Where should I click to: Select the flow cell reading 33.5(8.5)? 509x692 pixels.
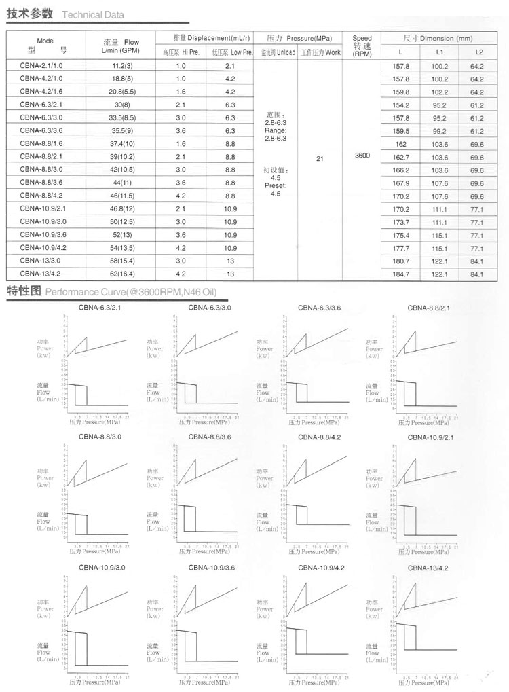click(122, 117)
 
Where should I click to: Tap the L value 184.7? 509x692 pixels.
click(402, 274)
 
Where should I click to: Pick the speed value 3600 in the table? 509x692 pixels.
click(362, 156)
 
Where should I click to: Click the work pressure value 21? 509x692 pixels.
click(320, 159)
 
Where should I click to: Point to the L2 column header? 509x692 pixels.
click(479, 52)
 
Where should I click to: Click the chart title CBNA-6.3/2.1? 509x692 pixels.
click(100, 308)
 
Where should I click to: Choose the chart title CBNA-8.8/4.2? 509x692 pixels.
click(321, 437)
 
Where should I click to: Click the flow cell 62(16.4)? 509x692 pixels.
click(122, 274)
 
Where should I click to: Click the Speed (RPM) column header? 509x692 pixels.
click(362, 47)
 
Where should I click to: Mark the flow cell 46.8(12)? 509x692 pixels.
click(122, 209)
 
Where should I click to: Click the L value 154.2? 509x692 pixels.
click(402, 105)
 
